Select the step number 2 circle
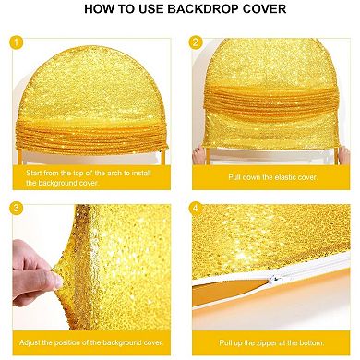click(196, 42)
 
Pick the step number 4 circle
click(196, 210)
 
